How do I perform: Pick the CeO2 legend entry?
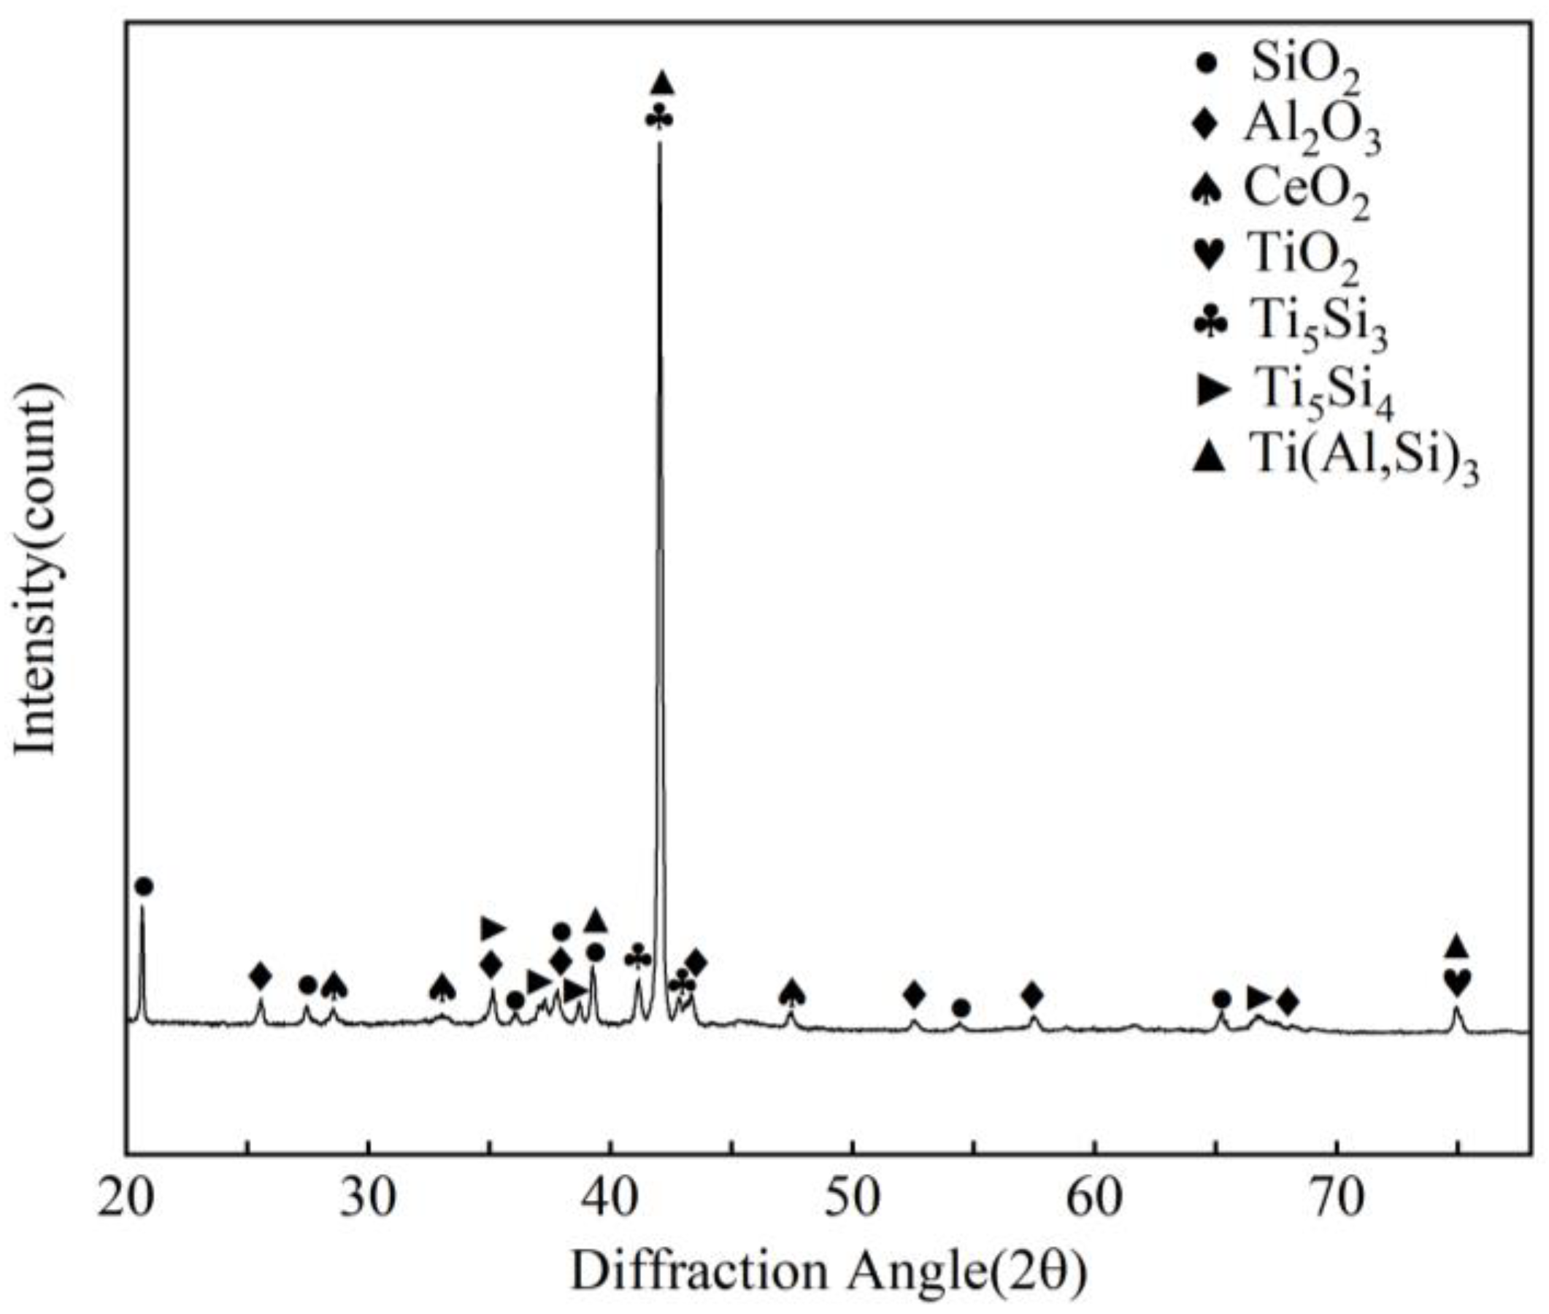1306,196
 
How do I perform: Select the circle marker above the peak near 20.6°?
145,886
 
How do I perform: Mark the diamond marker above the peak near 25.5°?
260,975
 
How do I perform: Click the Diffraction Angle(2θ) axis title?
827,1272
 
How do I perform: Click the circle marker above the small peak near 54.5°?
961,1009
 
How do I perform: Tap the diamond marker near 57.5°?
1031,994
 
